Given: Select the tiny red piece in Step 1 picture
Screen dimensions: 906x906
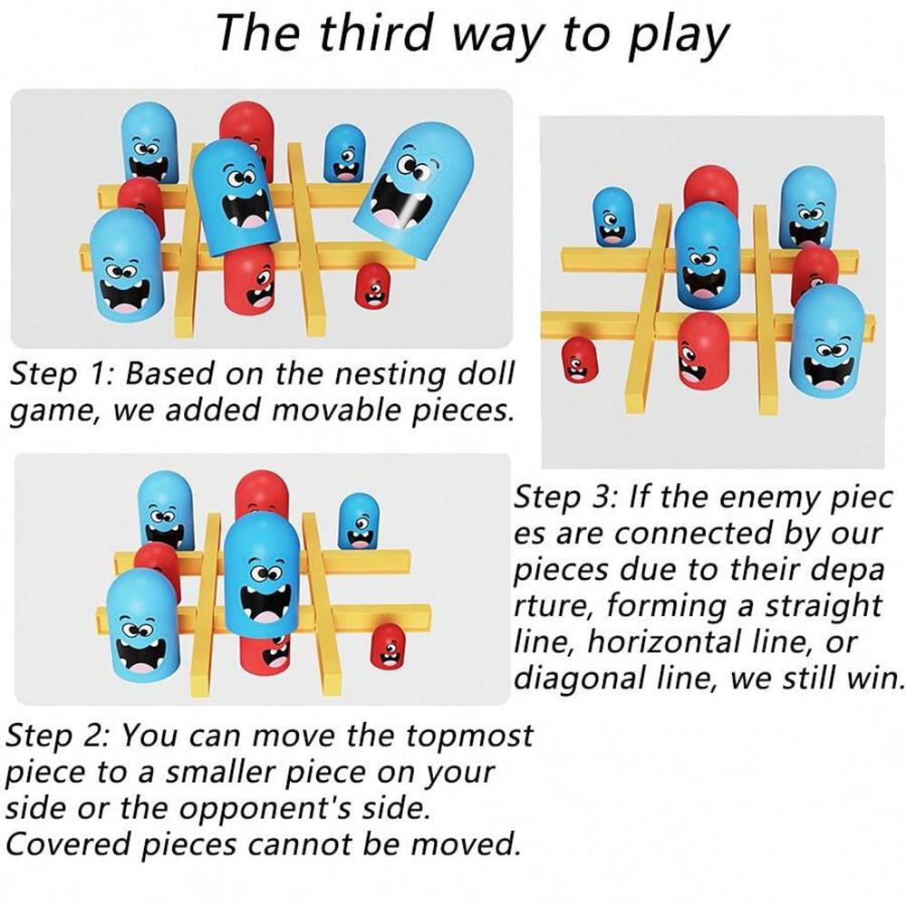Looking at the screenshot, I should click(370, 284).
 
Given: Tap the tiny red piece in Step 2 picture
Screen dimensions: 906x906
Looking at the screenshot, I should click(387, 645).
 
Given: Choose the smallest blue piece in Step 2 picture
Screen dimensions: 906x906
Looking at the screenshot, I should click(358, 521).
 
